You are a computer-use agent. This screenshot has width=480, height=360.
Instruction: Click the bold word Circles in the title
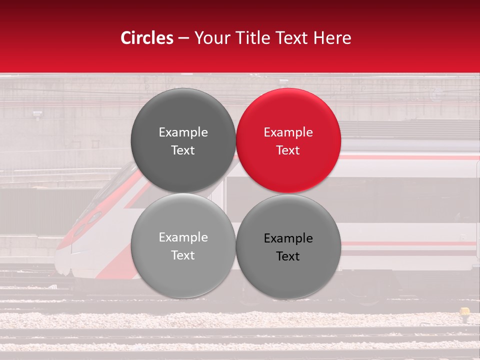(147, 38)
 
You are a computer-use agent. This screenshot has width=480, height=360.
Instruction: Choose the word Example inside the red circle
(288, 132)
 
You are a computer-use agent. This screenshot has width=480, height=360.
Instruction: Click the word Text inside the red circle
(288, 150)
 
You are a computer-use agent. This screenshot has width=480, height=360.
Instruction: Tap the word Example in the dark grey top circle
(183, 132)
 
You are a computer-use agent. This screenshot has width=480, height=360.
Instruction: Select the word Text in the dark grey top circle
(183, 150)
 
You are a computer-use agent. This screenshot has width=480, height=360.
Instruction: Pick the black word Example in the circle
(288, 238)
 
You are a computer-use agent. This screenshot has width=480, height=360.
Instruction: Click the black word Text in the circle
(288, 256)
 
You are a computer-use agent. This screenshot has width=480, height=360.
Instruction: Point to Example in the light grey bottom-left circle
(183, 237)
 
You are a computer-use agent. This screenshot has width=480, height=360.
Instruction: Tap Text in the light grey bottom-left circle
(183, 255)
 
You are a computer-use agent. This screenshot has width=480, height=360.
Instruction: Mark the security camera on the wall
(37, 115)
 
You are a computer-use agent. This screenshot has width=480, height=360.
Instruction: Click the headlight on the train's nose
(93, 218)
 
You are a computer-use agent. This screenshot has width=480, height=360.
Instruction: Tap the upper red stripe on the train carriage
(410, 157)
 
